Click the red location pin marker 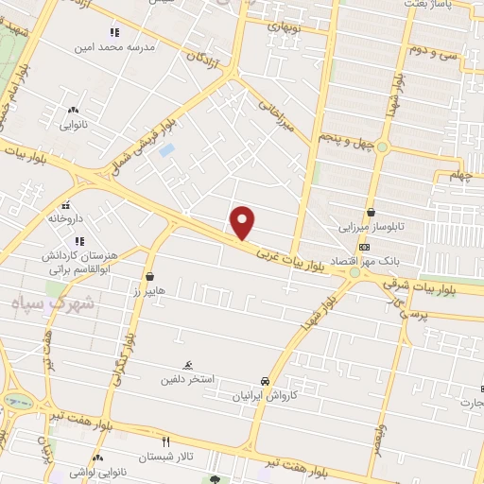pyautogui.click(x=243, y=222)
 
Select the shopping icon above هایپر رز pyautogui.click(x=149, y=277)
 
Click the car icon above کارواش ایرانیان pyautogui.click(x=268, y=382)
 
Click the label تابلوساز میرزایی pyautogui.click(x=372, y=228)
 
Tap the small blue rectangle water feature pyautogui.click(x=166, y=149)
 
